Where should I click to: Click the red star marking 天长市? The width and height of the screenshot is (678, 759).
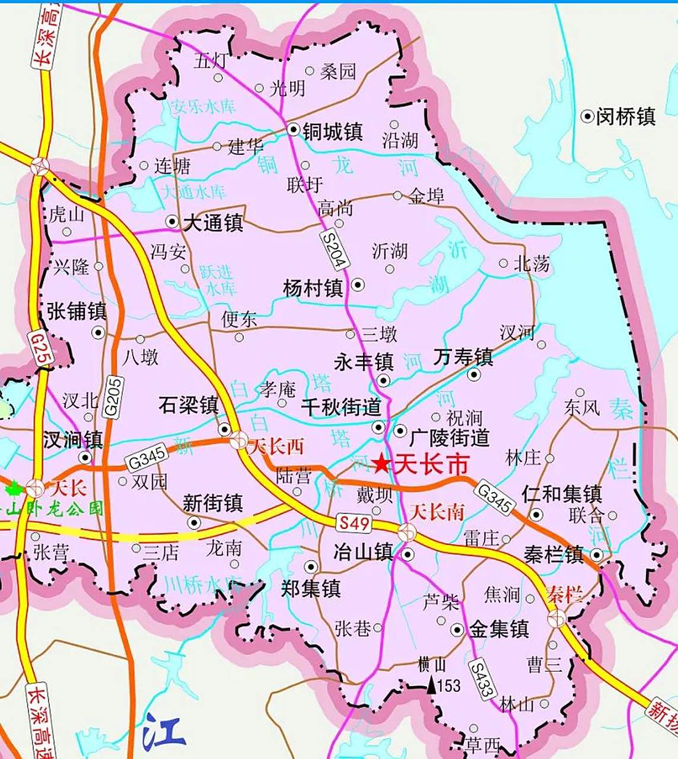click(x=381, y=464)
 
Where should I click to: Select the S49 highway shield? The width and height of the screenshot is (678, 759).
click(x=354, y=523)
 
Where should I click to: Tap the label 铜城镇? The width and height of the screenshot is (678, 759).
click(x=332, y=131)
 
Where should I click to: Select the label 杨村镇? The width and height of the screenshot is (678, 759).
click(x=313, y=288)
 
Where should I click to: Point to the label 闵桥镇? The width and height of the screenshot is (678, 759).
click(x=626, y=116)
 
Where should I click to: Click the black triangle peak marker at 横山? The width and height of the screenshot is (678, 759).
click(x=431, y=685)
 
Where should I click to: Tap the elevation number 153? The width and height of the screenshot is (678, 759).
click(x=449, y=686)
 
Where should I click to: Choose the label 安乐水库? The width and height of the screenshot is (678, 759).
click(x=203, y=107)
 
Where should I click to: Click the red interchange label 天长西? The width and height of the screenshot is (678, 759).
click(x=276, y=447)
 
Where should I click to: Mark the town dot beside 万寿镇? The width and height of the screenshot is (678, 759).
click(x=473, y=374)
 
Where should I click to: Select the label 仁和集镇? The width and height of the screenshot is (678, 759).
click(x=562, y=493)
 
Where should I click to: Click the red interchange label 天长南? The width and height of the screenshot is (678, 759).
click(x=437, y=512)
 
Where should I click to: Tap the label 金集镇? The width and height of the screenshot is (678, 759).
click(x=499, y=629)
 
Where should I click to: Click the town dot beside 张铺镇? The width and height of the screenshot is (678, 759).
click(x=98, y=331)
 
